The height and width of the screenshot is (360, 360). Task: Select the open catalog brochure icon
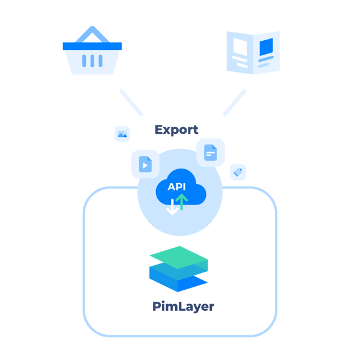click(x=253, y=52)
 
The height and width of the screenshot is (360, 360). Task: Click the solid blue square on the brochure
click(x=266, y=46)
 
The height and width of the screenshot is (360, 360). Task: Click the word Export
click(x=176, y=130)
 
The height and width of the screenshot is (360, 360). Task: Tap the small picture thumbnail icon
click(x=122, y=134)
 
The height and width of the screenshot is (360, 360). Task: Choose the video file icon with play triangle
click(x=145, y=163)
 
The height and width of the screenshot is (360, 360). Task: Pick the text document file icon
click(x=210, y=152)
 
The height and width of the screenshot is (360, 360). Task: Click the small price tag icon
click(x=238, y=172)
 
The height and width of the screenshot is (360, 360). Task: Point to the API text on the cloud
click(x=176, y=187)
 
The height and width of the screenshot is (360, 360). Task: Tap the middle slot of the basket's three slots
click(x=92, y=61)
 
